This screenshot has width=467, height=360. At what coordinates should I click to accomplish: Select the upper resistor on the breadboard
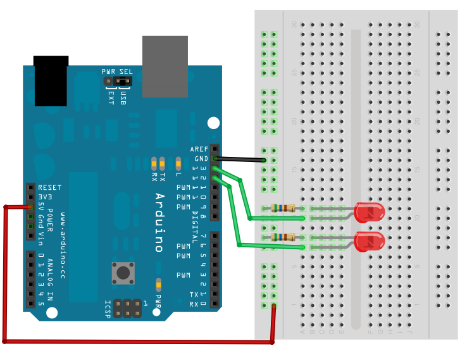282,208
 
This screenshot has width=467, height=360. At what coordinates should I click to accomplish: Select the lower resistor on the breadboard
299,237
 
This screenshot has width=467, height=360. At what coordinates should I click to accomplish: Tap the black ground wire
240,159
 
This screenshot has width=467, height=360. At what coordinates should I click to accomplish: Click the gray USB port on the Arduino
165,66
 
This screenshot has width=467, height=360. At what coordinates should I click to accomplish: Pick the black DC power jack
51,81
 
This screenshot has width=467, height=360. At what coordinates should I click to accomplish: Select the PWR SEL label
117,71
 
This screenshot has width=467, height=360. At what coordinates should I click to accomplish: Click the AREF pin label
199,149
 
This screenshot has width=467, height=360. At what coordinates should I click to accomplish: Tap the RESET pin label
49,188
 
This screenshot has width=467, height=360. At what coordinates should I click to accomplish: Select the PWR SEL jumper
122,81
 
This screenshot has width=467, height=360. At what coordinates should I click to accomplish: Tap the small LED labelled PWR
158,284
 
